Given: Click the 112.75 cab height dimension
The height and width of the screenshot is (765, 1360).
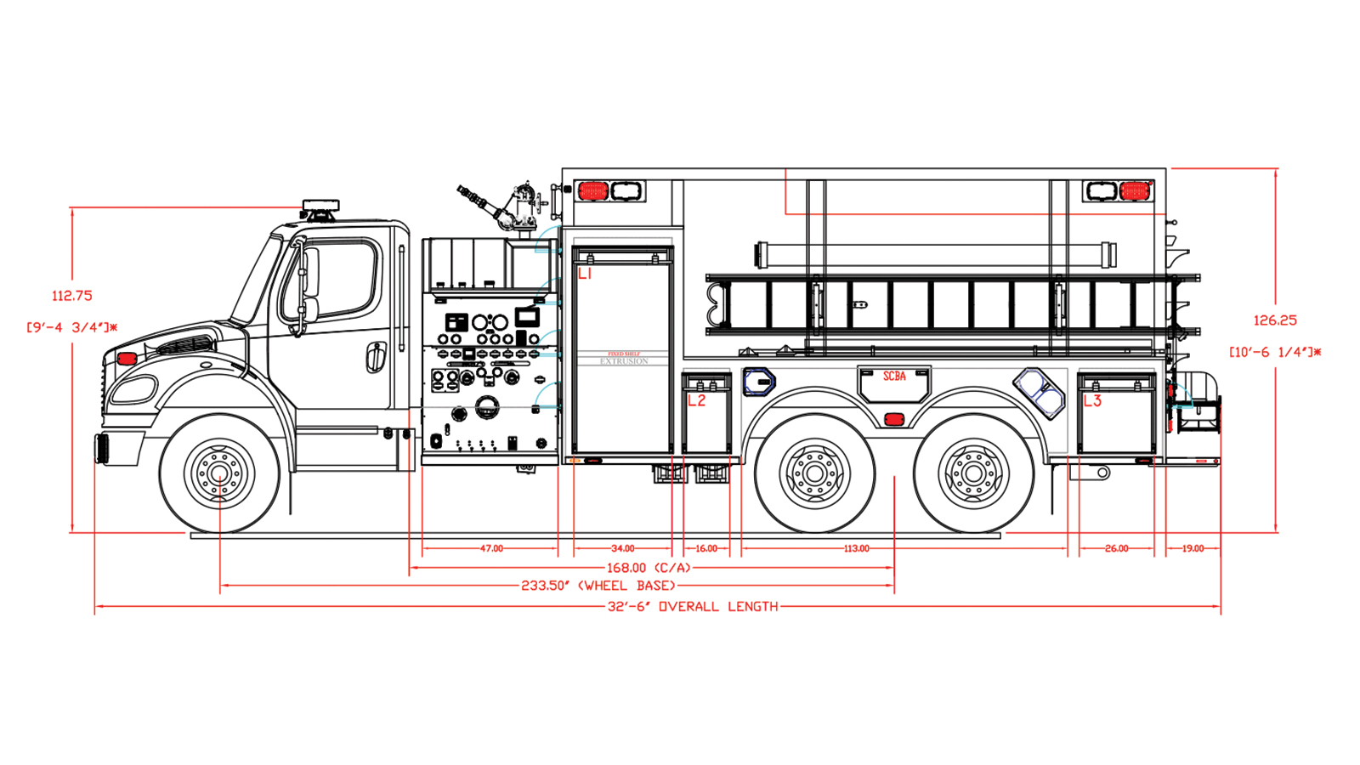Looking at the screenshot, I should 72,296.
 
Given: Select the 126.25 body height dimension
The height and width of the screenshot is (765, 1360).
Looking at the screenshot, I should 1275,320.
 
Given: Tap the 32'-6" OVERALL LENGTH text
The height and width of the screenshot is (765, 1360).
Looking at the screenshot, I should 692,607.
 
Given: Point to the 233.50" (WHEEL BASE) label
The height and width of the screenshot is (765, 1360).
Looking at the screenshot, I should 598,586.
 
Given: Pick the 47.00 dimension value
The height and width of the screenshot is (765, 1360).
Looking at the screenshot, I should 491,549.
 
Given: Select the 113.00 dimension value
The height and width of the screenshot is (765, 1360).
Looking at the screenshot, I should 856,549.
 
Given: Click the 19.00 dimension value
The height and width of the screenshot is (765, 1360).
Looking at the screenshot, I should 1193,549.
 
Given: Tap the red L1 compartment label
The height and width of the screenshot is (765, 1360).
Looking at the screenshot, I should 585,274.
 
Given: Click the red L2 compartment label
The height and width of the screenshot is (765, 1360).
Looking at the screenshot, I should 696,400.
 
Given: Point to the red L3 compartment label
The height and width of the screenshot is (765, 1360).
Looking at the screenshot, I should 1091,400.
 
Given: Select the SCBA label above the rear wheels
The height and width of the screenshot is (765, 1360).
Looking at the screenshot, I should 894,377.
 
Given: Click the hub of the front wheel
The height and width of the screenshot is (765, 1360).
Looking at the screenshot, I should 219,473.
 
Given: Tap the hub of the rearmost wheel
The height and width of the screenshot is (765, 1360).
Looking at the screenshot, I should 974,473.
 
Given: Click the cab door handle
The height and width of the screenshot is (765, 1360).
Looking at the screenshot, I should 375,357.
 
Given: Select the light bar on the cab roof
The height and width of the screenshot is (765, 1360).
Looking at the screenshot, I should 320,206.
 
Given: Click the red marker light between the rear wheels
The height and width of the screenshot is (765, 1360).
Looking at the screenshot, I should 893,419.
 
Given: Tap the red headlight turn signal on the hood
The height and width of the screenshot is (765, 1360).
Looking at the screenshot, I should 127,359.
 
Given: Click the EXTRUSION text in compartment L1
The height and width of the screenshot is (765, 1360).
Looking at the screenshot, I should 624,361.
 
